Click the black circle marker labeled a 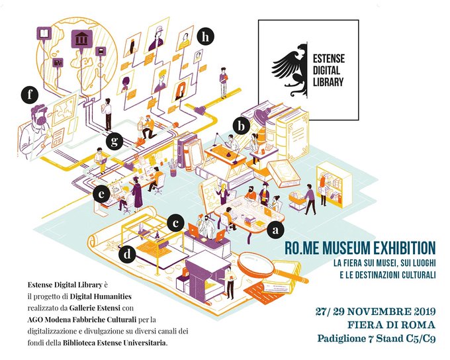276,231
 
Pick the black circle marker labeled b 243,124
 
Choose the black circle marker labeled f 30,95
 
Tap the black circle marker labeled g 115,140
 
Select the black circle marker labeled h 207,38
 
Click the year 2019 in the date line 420,311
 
